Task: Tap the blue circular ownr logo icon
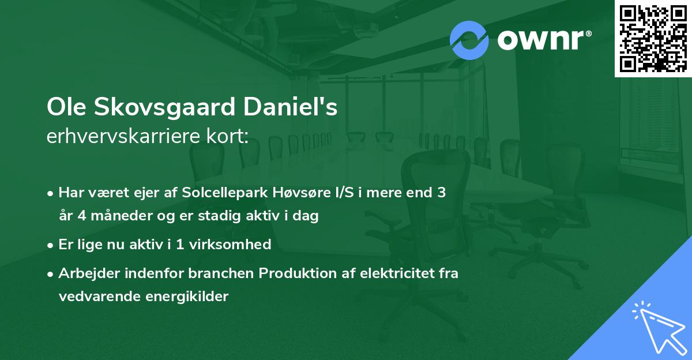pos(469,40)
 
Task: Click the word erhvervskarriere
pos(125,137)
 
